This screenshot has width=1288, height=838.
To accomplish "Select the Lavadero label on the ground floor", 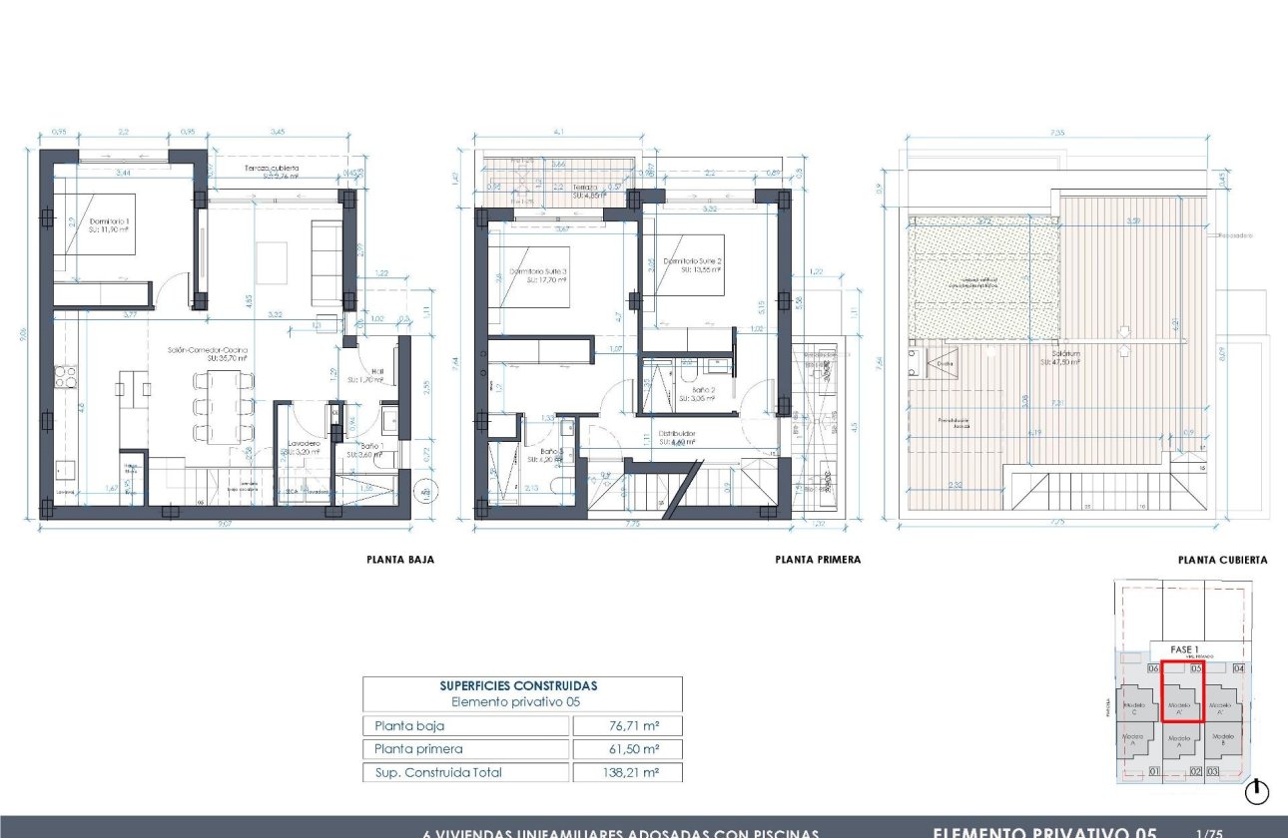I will tap(303, 445).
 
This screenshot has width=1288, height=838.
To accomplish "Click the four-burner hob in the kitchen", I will tap(65, 376).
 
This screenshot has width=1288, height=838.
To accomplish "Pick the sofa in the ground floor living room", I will tap(325, 263).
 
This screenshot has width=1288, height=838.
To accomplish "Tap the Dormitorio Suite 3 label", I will tap(539, 274).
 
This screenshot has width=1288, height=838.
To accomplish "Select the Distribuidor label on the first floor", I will tap(676, 436).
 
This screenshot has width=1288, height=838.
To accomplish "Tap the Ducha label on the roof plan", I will tap(945, 364).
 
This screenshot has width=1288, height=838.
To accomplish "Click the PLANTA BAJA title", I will tap(400, 561).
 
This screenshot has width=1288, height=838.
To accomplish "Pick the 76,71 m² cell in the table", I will tap(627, 725).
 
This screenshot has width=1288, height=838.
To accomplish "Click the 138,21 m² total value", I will tap(627, 772).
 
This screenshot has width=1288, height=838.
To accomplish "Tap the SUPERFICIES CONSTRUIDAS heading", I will tap(518, 685).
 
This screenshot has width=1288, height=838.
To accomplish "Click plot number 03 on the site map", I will tap(1213, 771).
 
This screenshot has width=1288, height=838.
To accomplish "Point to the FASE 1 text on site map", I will tap(1186, 649).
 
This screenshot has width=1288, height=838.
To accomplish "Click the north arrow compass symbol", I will tap(1257, 792).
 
